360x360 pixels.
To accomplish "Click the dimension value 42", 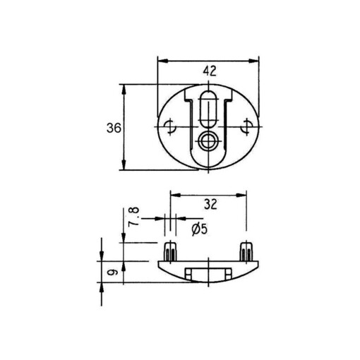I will click(x=208, y=71).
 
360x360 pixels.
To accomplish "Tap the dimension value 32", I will click(x=210, y=205).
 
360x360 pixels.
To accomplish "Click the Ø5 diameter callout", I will click(x=198, y=228).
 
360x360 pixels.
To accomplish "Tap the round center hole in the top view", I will click(x=208, y=141).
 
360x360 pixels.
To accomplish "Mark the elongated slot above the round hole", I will click(x=208, y=108).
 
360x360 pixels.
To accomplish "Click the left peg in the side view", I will click(x=169, y=251).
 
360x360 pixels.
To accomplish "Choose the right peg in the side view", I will click(x=246, y=251).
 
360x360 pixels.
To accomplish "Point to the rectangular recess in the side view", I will click(x=208, y=273).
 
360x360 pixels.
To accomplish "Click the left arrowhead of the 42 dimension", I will click(x=160, y=60).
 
